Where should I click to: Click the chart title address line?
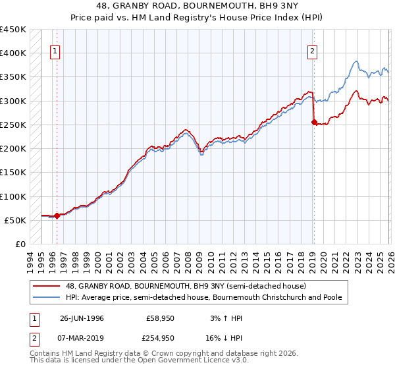pos(197,7)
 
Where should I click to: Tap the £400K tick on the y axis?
pos(13,53)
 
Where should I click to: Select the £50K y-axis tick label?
pos(16,220)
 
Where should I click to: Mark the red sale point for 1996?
pos(57,215)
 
